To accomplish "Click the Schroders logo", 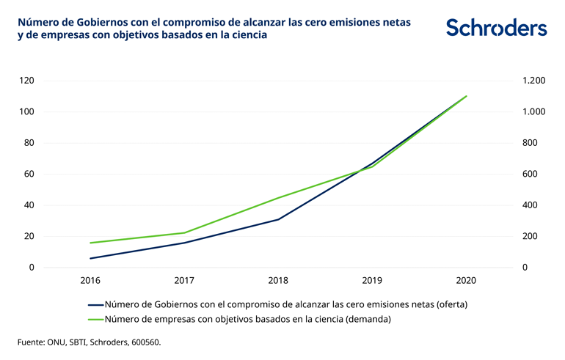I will click(496, 28).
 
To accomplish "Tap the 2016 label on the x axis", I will click(90, 281).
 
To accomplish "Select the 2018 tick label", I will click(278, 281).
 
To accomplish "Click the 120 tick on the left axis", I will click(27, 81).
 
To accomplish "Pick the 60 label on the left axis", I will click(29, 174).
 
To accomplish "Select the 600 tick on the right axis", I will click(531, 174).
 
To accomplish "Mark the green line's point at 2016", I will click(90, 243).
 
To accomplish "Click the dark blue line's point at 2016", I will click(90, 258).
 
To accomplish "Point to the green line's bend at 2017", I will click(184, 232).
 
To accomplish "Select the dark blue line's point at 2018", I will click(278, 219).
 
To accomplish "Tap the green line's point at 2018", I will click(278, 198).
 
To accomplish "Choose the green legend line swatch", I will click(95, 319).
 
